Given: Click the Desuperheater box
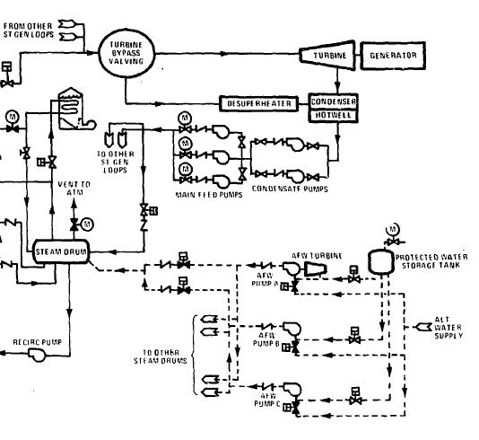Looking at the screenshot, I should click(x=257, y=103).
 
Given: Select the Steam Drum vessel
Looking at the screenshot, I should click(x=61, y=252).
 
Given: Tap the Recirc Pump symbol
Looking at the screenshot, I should click(x=39, y=355).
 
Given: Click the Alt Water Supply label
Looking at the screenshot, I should click(x=448, y=329).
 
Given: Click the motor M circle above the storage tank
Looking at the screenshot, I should click(x=391, y=228).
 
